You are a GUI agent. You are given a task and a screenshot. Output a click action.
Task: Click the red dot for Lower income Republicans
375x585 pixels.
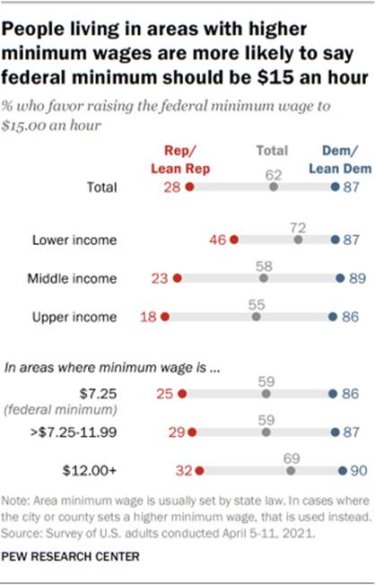click(233, 240)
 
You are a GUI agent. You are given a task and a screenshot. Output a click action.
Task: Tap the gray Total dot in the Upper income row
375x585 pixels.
click(257, 317)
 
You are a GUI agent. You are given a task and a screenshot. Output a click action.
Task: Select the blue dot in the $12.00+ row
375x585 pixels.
click(342, 469)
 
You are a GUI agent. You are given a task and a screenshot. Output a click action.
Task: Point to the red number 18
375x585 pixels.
click(144, 317)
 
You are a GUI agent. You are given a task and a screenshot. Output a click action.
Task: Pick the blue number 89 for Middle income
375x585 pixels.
click(356, 278)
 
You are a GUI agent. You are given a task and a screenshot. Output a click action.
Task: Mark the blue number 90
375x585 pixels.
click(357, 469)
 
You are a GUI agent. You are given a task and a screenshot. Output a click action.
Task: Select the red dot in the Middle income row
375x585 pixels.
click(178, 278)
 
